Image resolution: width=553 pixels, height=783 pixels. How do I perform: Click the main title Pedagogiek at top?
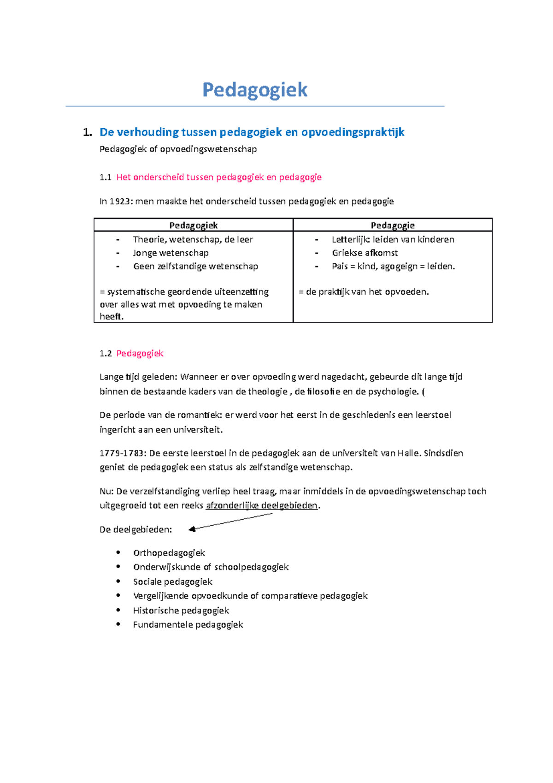(x=255, y=89)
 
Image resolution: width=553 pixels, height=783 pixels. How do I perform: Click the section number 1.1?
(x=106, y=178)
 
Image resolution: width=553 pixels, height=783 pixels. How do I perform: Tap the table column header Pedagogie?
(x=393, y=225)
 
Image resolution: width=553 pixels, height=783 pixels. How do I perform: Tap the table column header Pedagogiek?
(x=193, y=225)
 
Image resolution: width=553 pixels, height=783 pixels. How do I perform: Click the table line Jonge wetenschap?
(x=171, y=253)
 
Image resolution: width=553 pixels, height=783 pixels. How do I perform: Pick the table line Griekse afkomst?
(x=365, y=253)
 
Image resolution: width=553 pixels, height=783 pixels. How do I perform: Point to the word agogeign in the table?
(x=399, y=267)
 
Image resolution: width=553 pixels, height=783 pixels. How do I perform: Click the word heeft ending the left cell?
(x=111, y=317)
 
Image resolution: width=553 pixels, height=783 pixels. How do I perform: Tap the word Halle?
(x=408, y=453)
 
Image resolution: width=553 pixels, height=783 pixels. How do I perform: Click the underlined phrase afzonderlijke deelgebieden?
(x=262, y=505)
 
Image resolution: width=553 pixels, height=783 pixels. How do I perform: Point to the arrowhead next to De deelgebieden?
(x=193, y=529)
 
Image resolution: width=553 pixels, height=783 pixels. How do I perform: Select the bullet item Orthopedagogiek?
(x=169, y=553)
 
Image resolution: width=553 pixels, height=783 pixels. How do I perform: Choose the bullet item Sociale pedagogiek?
(x=172, y=582)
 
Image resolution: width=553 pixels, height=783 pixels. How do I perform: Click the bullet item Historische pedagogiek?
(x=181, y=611)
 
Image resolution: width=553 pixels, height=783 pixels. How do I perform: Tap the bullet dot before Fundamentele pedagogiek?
(x=118, y=624)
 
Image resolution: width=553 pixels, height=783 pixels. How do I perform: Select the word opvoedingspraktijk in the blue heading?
(x=353, y=132)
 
